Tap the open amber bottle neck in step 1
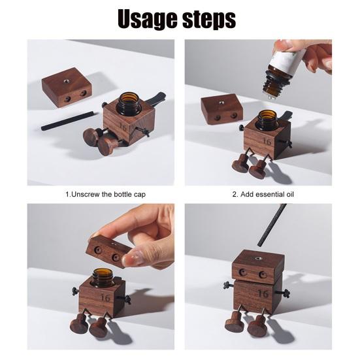click(x=129, y=103)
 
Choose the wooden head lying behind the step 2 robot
click(x=222, y=108)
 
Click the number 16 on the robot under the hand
click(x=105, y=298)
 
